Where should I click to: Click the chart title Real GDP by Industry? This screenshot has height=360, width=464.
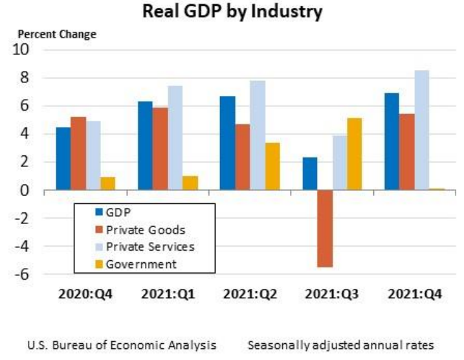(232, 12)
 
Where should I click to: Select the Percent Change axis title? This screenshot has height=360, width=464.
(57, 34)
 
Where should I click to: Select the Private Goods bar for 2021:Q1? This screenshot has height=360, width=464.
(160, 149)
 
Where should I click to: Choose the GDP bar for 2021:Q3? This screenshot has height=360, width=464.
(310, 174)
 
